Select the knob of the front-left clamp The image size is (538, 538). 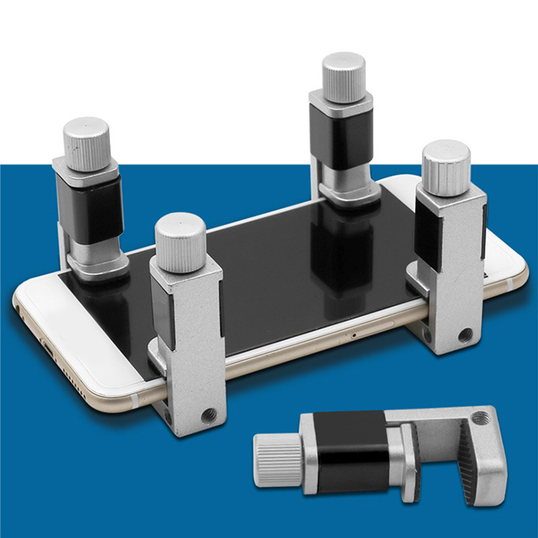(x=180, y=242)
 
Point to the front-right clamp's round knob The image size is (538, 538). (x=446, y=167)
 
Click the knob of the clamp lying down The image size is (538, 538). (x=278, y=460)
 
